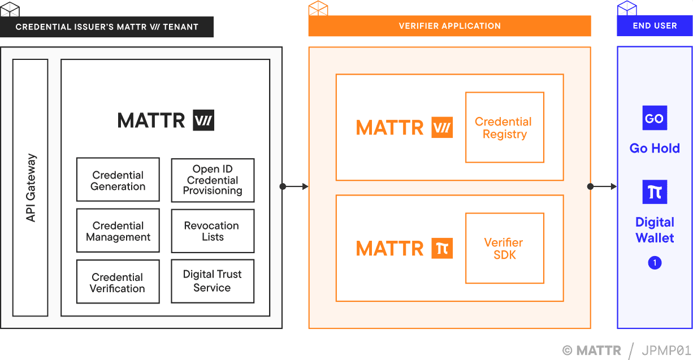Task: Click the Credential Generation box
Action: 118,180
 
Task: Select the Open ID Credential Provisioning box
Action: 213,180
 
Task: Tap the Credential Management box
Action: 118,231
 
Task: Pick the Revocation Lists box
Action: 213,231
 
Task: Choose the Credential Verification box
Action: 118,282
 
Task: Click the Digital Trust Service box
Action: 213,281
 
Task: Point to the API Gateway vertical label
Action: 31,188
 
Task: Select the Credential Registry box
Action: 504,128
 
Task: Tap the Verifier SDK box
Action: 504,248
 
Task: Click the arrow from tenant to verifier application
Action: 294,186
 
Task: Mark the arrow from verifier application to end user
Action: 603,186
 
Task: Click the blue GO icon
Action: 655,119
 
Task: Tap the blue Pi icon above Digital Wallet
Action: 655,192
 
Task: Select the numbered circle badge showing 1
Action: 655,263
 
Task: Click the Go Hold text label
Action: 655,148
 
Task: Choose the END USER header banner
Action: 655,26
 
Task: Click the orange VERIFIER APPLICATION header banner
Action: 449,26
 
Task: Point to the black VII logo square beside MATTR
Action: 203,120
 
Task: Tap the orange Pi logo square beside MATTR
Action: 442,248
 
